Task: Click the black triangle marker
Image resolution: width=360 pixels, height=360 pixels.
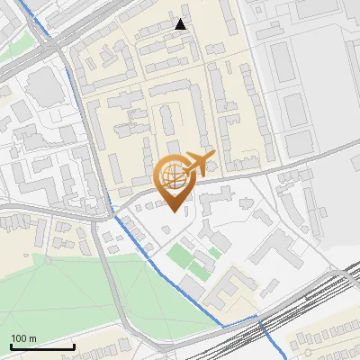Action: [x=181, y=24]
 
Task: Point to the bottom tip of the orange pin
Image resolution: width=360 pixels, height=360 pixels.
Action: [x=174, y=211]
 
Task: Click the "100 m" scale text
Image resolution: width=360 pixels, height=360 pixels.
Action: [x=23, y=338]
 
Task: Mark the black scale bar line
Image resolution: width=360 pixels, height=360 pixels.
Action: [x=42, y=346]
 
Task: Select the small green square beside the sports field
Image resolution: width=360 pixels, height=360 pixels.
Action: [x=214, y=253]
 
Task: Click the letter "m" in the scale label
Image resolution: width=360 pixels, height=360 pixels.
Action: [x=32, y=338]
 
